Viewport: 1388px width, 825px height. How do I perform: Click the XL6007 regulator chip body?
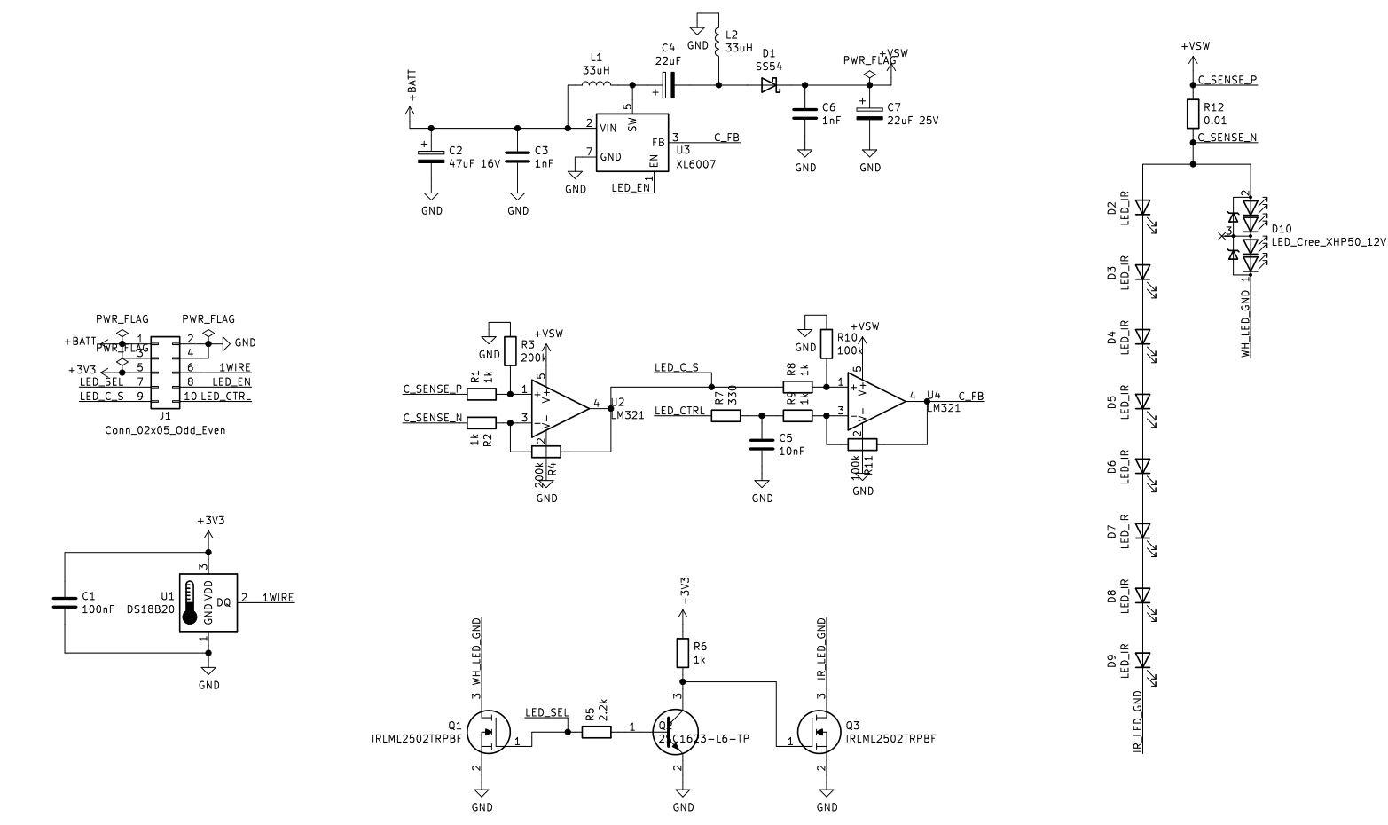[631, 142]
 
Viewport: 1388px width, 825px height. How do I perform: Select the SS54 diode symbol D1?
[768, 85]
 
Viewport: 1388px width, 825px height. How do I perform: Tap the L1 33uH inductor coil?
[596, 85]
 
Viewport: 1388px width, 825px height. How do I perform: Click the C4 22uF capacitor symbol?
[669, 85]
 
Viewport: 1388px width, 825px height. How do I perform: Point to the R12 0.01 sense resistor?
[1193, 114]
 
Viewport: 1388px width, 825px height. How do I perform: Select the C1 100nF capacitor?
[65, 602]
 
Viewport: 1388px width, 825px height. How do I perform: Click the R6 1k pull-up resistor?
[683, 652]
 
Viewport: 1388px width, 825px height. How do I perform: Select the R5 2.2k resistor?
[596, 732]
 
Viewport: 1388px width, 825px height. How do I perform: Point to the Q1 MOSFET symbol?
[486, 732]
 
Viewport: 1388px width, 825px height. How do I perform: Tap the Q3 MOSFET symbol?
[820, 732]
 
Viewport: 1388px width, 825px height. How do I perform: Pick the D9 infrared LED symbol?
[1142, 660]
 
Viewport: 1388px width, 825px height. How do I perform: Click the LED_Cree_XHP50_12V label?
[1328, 241]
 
